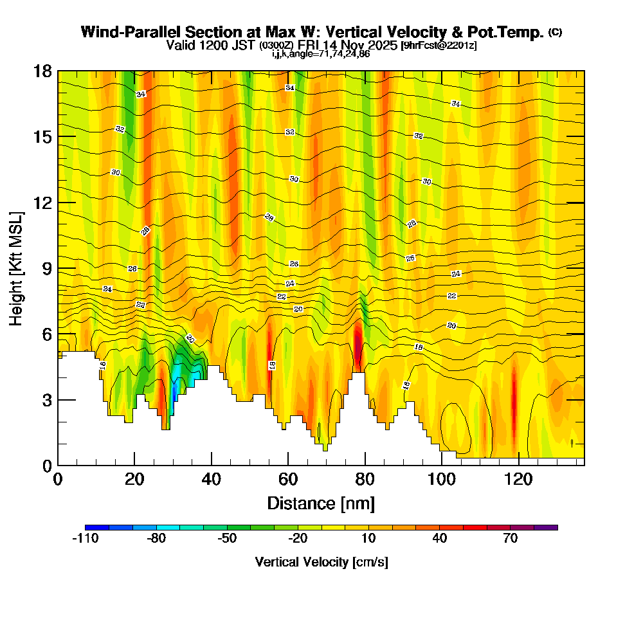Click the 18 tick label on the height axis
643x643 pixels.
(x=42, y=71)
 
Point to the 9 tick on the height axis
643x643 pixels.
(x=58, y=268)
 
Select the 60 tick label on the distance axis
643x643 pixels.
(x=288, y=480)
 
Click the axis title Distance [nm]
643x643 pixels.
(x=321, y=503)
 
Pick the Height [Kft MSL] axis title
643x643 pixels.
(x=17, y=267)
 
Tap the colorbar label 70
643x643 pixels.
(x=511, y=539)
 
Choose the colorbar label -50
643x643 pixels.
(x=227, y=539)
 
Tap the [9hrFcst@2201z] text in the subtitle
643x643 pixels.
(x=439, y=46)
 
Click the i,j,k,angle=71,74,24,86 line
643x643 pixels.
(x=321, y=54)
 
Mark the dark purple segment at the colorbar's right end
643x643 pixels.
(x=546, y=527)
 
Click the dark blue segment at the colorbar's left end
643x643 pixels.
(x=96, y=527)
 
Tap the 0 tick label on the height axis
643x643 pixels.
(x=46, y=466)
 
